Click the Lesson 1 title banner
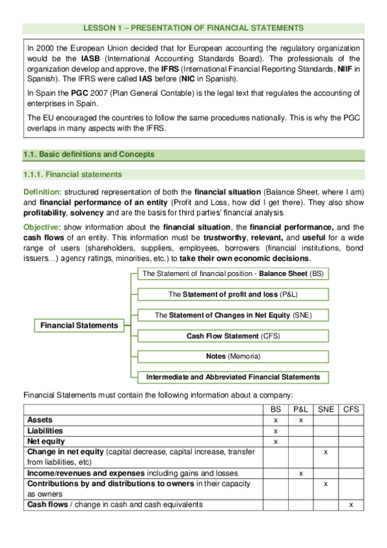coord(193,28)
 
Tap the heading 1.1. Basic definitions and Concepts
coord(89,154)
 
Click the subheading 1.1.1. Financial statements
coord(72,175)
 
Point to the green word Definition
coord(41,192)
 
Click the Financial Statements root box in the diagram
coord(79,326)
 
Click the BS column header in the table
coord(276,409)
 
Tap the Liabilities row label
coord(45,430)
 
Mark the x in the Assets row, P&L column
coord(300,420)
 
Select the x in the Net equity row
coord(276,441)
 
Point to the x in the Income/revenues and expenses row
coord(300,473)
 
